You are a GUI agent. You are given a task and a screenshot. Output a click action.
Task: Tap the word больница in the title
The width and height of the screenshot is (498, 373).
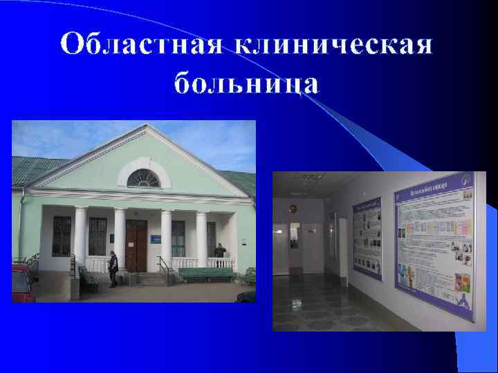coord(247,84)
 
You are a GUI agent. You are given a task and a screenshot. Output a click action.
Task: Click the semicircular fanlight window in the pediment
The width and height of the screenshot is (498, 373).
coord(143,178)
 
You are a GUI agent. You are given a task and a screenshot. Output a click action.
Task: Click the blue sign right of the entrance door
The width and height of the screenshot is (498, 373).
coord(157,239)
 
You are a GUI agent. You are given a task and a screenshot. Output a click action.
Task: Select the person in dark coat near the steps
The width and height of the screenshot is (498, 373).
coord(113,269)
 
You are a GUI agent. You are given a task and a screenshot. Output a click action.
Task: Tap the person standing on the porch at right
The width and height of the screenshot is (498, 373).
coord(219,256)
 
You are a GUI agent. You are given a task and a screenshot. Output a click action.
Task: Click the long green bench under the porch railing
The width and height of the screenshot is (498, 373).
coord(205,274)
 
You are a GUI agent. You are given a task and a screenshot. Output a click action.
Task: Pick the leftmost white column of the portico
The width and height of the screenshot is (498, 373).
coord(80,239)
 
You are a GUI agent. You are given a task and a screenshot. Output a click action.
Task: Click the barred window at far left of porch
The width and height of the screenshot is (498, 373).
coord(62,236)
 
